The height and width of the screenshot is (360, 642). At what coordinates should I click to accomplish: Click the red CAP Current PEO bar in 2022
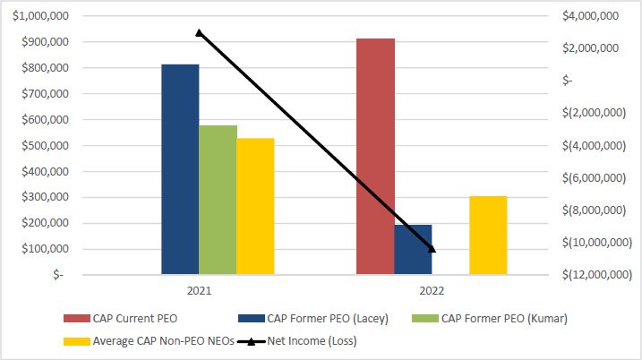pyautogui.click(x=375, y=157)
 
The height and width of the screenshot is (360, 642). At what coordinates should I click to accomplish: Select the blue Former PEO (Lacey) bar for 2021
pyautogui.click(x=180, y=169)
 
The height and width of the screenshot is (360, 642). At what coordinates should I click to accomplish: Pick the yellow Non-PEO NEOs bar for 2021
pyautogui.click(x=255, y=206)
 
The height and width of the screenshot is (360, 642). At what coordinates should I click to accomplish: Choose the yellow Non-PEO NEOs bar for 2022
pyautogui.click(x=488, y=235)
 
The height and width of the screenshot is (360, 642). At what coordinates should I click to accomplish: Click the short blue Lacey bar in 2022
pyautogui.click(x=413, y=250)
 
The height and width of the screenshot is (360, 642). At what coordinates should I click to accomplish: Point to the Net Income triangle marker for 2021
pyautogui.click(x=200, y=32)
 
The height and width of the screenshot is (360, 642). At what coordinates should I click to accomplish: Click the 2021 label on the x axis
pyautogui.click(x=200, y=291)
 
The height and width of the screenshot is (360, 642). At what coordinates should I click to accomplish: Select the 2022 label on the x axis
pyautogui.click(x=432, y=291)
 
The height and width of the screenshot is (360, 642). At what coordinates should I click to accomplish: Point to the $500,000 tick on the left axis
pyautogui.click(x=44, y=145)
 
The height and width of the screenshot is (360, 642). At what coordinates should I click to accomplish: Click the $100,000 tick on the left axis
pyautogui.click(x=44, y=248)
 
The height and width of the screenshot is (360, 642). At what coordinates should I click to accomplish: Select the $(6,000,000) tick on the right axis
pyautogui.click(x=593, y=177)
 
